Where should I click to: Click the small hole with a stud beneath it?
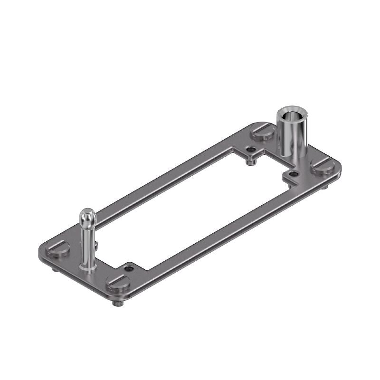(x=250, y=150)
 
